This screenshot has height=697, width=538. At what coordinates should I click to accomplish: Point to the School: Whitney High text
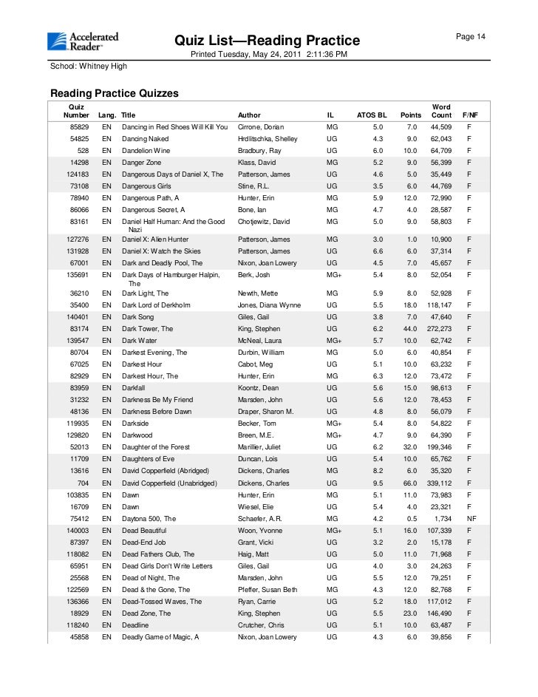(x=89, y=67)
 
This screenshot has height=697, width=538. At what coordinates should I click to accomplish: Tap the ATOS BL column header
(x=372, y=115)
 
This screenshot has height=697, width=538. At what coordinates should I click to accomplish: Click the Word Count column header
(x=441, y=112)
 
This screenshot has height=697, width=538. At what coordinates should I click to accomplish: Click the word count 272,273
(x=440, y=329)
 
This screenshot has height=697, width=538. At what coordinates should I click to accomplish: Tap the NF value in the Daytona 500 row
(x=469, y=519)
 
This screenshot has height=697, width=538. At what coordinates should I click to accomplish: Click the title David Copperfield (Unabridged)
(x=169, y=483)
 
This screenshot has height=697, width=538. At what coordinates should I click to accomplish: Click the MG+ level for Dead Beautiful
(x=334, y=531)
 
